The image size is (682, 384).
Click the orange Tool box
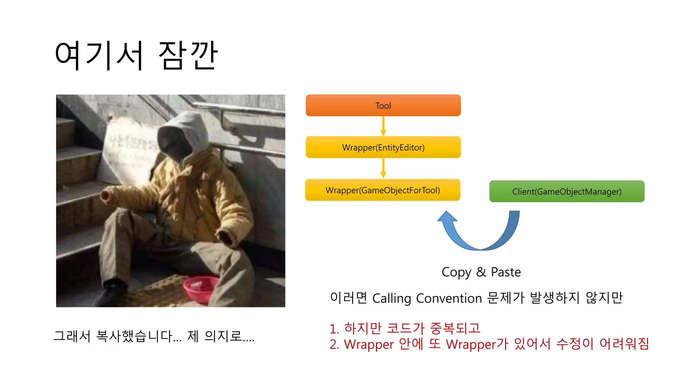383,106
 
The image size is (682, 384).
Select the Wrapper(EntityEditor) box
383,147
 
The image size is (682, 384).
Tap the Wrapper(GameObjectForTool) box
383,190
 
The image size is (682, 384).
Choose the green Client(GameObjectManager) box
567,191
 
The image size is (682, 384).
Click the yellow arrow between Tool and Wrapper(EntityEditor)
383,126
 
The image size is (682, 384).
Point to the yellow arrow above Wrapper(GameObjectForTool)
383,168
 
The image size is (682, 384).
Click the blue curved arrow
480,233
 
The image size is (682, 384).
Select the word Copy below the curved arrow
456,272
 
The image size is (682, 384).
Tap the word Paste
506,272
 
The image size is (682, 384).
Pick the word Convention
449,298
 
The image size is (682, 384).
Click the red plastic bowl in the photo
200,288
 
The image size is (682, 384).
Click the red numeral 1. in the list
334,329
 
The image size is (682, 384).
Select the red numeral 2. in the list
334,344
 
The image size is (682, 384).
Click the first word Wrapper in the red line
369,344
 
